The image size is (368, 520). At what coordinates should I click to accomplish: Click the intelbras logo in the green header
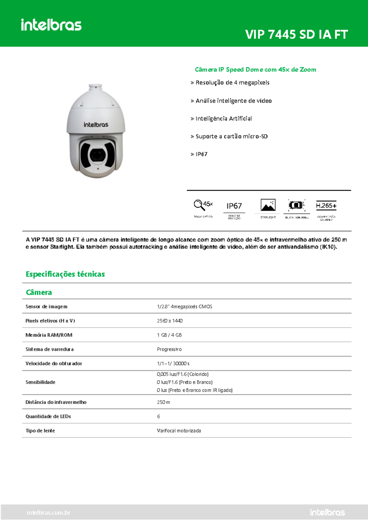51,25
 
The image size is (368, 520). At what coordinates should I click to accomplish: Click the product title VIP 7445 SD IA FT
296,35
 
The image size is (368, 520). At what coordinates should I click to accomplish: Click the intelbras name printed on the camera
96,125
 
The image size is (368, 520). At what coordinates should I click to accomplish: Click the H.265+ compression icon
326,206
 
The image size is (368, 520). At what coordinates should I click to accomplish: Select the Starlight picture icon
268,205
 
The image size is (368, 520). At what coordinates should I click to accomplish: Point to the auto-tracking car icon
296,205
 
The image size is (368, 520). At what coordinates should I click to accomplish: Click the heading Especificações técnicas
65,274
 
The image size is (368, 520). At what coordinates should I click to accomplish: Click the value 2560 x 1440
170,321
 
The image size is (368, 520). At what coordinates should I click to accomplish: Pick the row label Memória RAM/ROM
49,335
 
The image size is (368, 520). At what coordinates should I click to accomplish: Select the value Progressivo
169,349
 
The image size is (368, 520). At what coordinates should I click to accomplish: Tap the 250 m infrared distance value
163,402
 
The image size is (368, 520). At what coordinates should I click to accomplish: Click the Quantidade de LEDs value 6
159,416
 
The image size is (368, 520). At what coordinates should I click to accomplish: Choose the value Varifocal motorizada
179,431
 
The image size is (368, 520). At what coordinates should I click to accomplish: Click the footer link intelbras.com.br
48,513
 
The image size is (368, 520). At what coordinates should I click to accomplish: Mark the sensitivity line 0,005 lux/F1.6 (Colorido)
182,374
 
